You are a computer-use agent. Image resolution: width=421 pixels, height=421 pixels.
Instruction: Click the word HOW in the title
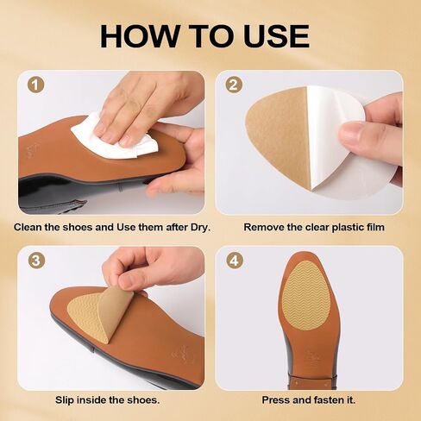[x=139, y=36]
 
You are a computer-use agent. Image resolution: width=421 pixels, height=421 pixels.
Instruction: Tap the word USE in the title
[x=276, y=36]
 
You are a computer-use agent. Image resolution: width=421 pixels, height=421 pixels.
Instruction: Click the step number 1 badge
[x=36, y=85]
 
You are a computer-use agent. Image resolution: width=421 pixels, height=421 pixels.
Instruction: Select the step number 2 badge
[x=234, y=85]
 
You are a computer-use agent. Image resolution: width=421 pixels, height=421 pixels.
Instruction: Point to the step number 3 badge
[x=36, y=261]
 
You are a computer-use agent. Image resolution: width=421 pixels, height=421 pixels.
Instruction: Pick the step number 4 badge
[x=235, y=260]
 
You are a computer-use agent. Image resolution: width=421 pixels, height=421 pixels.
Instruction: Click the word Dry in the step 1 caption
[x=200, y=227]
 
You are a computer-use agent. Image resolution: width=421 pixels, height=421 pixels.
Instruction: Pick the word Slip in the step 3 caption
[x=65, y=400]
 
